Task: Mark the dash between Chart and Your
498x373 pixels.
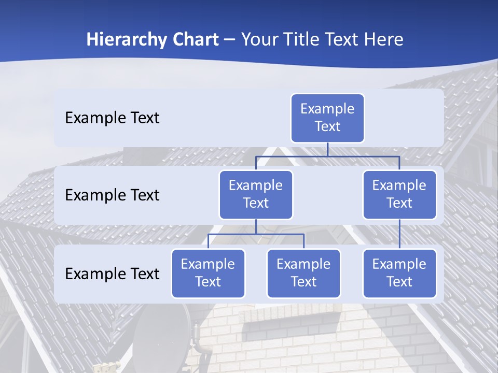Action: (x=230, y=40)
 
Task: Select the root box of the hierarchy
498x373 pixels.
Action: (x=327, y=118)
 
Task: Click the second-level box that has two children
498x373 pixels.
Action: (x=256, y=194)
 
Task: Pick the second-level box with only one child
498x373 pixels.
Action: (x=399, y=194)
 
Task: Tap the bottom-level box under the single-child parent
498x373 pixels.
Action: (x=399, y=273)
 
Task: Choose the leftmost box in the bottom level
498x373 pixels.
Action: (x=208, y=273)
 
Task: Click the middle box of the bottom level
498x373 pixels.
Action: (x=303, y=273)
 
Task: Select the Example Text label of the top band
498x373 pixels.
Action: (x=112, y=118)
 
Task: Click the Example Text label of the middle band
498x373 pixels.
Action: (x=112, y=195)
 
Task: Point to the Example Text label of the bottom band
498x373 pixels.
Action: (x=112, y=274)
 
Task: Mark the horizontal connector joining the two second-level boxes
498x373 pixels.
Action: (x=327, y=156)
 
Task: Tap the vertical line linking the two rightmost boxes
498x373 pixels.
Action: (x=399, y=234)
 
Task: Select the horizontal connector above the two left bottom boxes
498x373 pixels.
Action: (x=256, y=234)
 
